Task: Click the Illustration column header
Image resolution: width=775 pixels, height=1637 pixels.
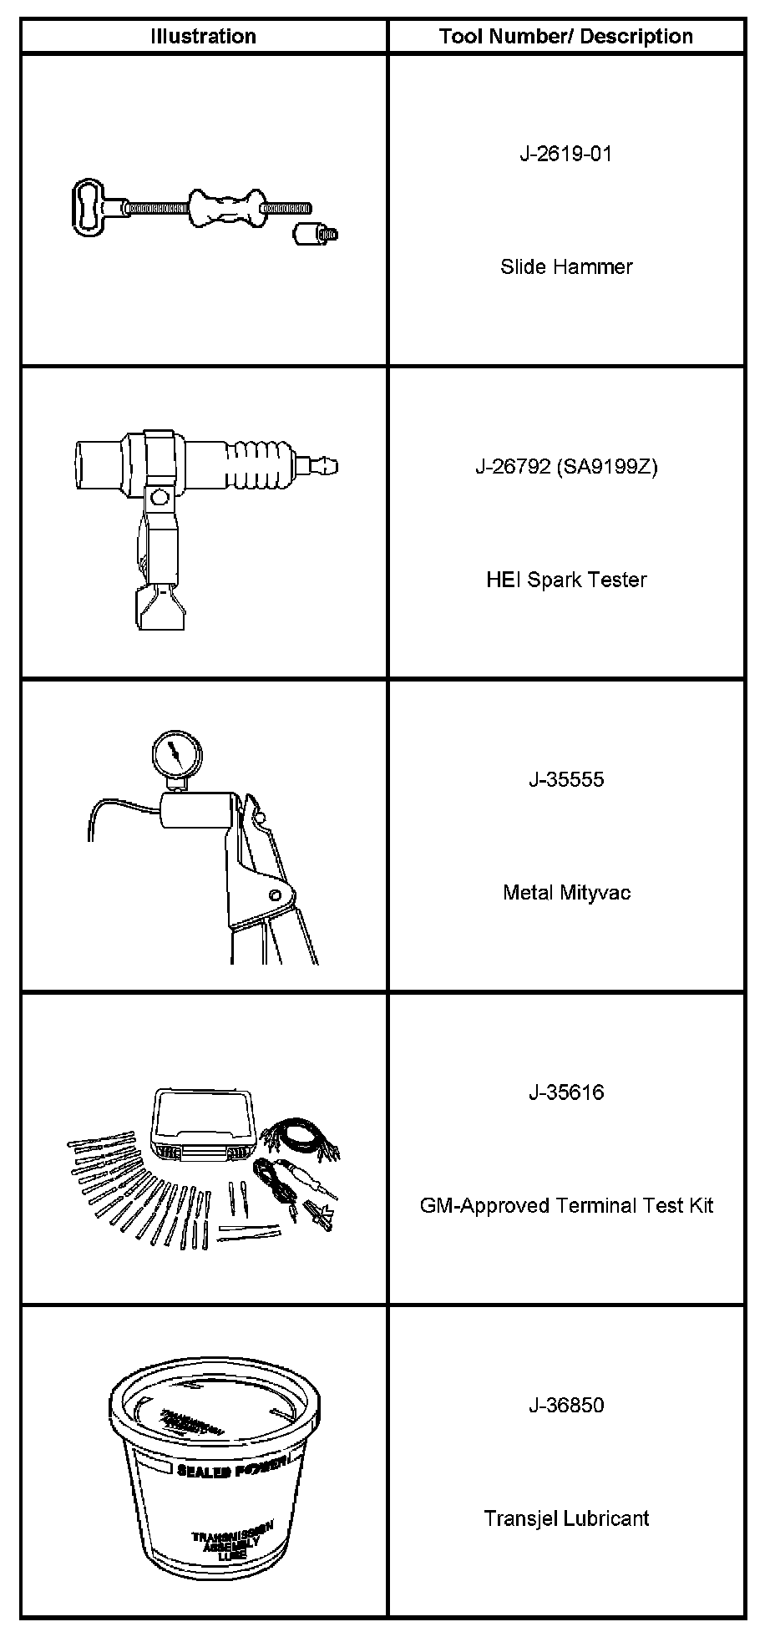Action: coord(203,36)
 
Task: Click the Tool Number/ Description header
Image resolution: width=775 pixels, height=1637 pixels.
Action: coord(565,36)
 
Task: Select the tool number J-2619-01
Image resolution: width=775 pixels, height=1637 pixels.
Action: coord(565,154)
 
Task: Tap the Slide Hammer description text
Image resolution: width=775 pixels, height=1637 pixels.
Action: coord(565,266)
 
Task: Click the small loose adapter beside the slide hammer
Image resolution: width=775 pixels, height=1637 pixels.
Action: coord(313,234)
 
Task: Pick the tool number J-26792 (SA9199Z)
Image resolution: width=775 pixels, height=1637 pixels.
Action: coord(565,466)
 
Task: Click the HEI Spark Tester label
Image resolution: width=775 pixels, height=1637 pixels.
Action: coord(565,580)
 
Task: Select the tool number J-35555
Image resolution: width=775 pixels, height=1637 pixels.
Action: coord(565,779)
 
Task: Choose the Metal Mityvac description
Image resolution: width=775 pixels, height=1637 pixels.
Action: coord(565,892)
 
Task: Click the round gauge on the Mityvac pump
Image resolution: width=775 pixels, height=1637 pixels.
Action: coord(176,754)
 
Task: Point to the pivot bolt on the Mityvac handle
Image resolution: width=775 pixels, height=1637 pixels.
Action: coord(275,895)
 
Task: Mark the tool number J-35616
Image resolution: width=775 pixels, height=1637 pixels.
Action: coord(565,1092)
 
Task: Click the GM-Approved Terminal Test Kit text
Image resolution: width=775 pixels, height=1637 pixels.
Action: coord(565,1205)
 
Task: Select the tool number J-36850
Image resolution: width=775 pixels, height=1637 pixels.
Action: coord(565,1405)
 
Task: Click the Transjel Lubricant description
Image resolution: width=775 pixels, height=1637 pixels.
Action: coord(565,1518)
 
